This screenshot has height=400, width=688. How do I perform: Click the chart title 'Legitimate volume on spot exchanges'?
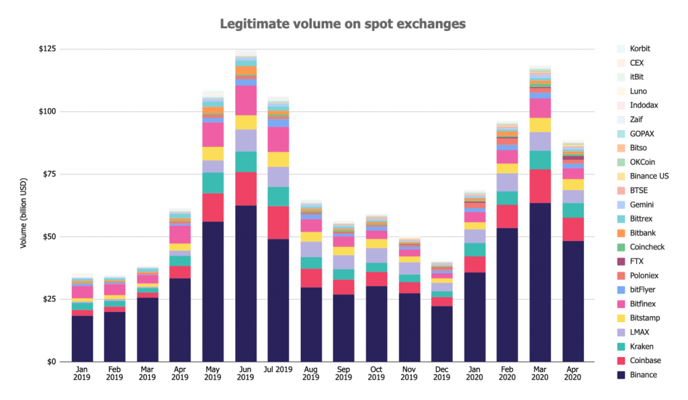[x=343, y=24]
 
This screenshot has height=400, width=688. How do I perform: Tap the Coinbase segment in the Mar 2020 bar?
[x=540, y=186]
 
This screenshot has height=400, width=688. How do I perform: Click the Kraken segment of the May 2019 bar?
[x=213, y=183]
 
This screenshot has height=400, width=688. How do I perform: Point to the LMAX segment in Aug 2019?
[x=311, y=249]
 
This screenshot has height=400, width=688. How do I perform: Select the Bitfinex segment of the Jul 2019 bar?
[x=278, y=140]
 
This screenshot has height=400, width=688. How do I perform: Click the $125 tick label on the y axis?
[x=48, y=49]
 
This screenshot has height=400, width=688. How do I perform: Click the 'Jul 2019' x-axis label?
[x=278, y=369]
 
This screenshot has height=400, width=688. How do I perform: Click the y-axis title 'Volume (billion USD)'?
[x=24, y=205]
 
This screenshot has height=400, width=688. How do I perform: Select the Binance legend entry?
[x=644, y=374]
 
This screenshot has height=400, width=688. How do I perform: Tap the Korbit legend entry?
[x=640, y=48]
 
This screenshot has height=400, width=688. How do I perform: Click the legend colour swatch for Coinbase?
[x=621, y=360]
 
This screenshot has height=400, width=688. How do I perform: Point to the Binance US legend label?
[x=649, y=176]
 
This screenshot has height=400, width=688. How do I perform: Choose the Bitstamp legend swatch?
[x=621, y=318]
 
